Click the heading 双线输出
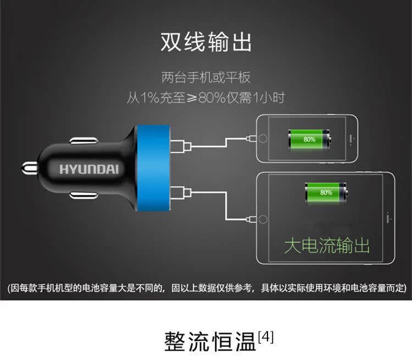click(206, 42)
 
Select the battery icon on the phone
click(310, 139)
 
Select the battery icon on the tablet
click(326, 192)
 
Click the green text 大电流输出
click(326, 245)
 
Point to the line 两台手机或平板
click(206, 77)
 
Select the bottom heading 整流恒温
click(210, 341)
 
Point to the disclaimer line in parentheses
click(206, 288)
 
